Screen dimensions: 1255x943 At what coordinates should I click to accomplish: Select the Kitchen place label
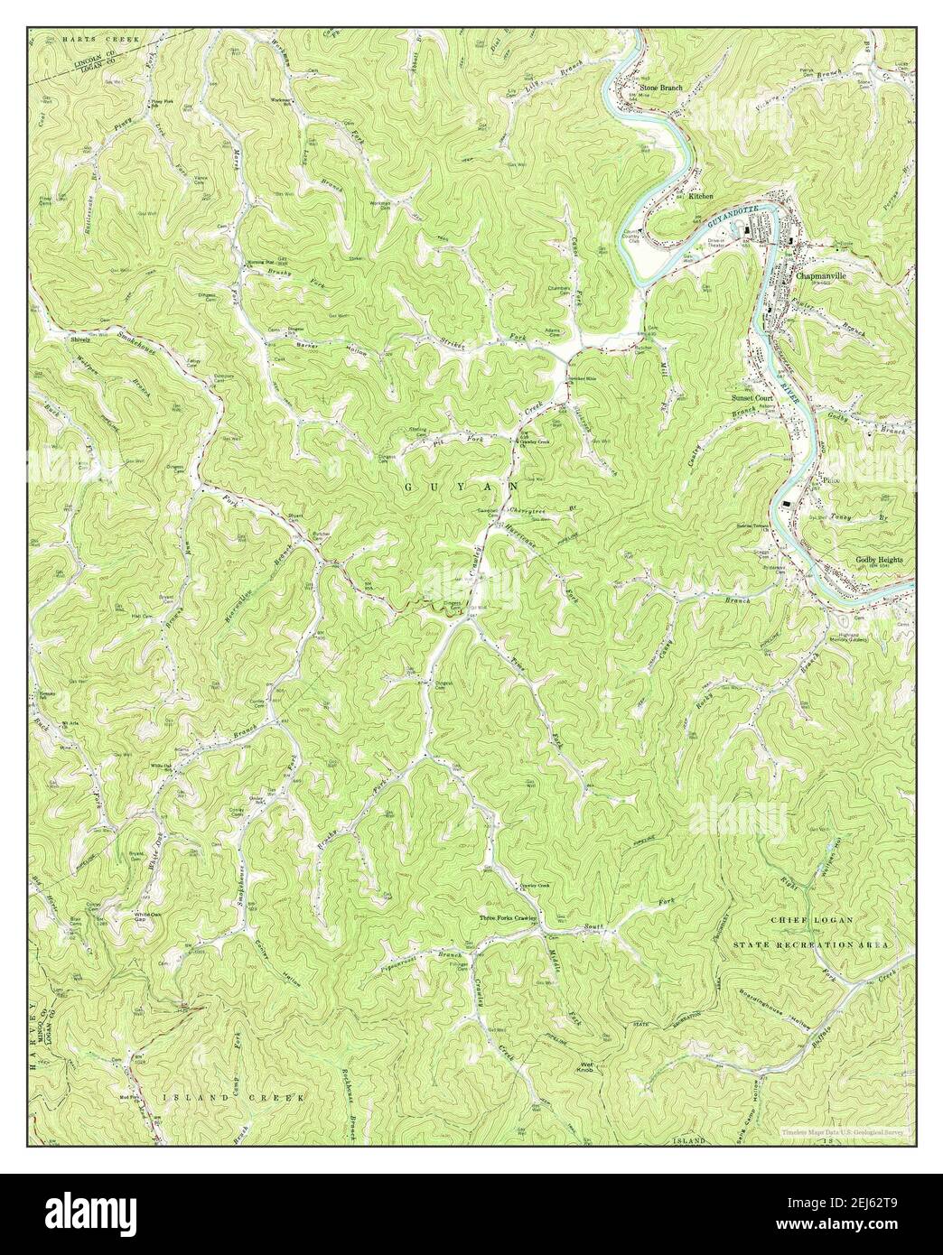(x=701, y=196)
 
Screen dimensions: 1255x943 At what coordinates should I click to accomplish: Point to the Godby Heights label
(x=879, y=560)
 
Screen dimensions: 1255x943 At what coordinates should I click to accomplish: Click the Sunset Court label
(x=752, y=397)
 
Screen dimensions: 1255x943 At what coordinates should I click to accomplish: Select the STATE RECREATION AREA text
(x=811, y=944)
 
